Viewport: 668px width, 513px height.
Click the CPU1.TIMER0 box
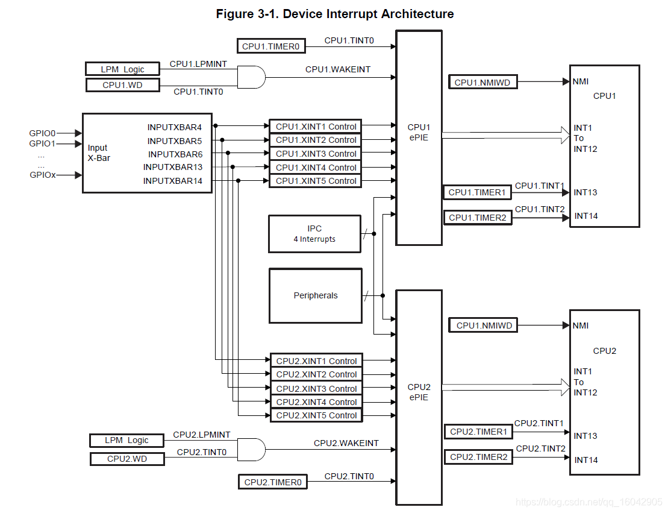[272, 46]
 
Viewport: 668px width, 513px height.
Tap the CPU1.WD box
[123, 85]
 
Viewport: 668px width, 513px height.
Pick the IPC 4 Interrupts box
[314, 233]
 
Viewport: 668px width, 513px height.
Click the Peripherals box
[315, 295]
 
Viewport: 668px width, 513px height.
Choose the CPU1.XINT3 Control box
[316, 154]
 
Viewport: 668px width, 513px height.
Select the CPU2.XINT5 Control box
[316, 415]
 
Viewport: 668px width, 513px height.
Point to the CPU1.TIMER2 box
[478, 218]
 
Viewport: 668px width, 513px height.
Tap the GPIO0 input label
[42, 133]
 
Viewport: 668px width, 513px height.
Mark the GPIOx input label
[42, 175]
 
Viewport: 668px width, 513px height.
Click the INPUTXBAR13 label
[173, 167]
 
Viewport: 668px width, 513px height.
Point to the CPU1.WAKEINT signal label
[337, 69]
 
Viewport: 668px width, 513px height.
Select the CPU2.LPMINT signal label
[202, 435]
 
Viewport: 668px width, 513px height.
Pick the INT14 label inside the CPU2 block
[586, 460]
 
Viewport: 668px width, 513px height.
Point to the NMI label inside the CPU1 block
[581, 81]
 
